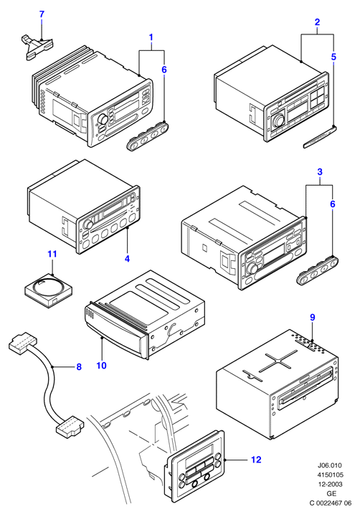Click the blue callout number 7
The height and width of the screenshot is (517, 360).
pos(42,14)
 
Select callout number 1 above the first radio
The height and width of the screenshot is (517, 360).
pos(151,37)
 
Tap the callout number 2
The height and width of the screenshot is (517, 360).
pos(317,22)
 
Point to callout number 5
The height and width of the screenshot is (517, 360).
pos(333,57)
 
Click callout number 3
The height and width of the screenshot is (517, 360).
pos(320,172)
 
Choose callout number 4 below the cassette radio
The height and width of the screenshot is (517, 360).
pos(127,259)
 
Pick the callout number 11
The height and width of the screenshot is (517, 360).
pos(52,254)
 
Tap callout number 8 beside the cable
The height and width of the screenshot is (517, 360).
pos(79,366)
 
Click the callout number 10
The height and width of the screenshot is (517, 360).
pos(102,365)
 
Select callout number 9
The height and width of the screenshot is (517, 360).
pos(313,317)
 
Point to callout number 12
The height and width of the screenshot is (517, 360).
pos(256,460)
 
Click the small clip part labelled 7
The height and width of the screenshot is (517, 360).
pos(37,47)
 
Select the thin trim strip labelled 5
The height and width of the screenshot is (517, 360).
pos(319,137)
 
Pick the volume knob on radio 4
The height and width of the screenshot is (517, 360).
pos(87,224)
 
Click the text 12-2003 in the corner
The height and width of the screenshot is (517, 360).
pos(330,484)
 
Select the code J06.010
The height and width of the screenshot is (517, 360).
pos(330,465)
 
